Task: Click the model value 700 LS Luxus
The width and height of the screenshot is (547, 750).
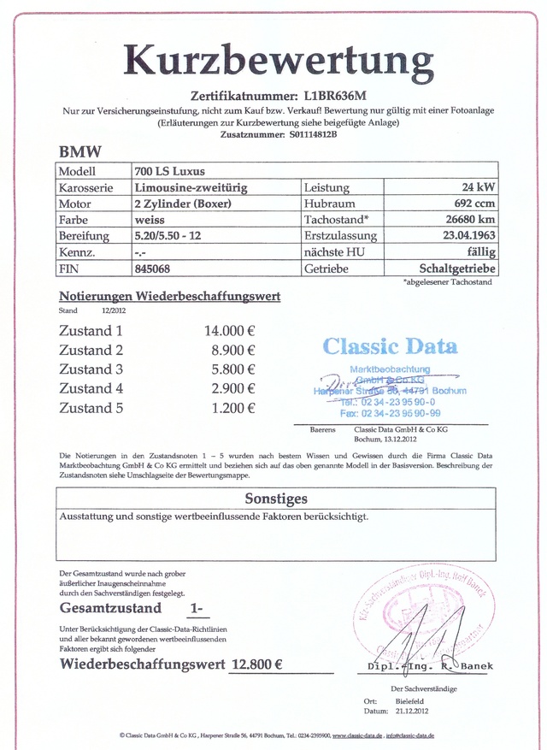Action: point(169,171)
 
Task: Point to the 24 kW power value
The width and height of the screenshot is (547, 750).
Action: point(477,187)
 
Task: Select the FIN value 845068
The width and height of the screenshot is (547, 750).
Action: point(153,269)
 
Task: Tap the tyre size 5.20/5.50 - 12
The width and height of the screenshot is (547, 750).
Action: point(168,236)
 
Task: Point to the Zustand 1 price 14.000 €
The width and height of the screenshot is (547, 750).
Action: point(229,331)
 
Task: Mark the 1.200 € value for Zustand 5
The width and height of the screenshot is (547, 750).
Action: point(233,408)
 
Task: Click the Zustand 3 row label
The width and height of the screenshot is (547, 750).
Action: point(91,369)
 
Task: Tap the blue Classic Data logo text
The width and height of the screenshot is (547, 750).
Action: point(390,346)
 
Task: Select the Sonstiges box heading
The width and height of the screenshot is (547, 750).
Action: point(276,498)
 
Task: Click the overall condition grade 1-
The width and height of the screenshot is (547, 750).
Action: point(196,609)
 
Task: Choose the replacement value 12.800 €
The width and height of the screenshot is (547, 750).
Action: point(257,664)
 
